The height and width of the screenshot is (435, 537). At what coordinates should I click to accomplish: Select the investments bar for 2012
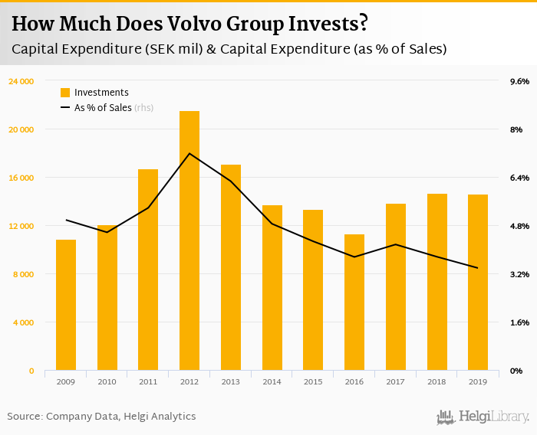(x=189, y=240)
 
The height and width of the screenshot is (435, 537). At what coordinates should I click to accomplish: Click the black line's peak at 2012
(x=189, y=153)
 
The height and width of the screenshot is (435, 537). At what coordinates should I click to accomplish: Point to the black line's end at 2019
(x=478, y=268)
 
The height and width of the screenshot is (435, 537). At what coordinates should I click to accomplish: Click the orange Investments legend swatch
(x=65, y=93)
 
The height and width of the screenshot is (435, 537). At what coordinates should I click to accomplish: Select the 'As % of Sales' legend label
(x=103, y=108)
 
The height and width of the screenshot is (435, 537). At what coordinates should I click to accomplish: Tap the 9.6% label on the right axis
(x=519, y=81)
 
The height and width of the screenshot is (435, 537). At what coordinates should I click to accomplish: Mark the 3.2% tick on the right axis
(x=519, y=274)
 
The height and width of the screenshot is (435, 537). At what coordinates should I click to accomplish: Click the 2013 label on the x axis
(x=231, y=381)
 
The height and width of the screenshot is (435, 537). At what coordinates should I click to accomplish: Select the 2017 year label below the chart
(x=396, y=381)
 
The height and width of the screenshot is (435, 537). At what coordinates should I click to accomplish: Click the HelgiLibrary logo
(x=483, y=417)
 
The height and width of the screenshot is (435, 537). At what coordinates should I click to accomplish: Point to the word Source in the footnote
(x=24, y=417)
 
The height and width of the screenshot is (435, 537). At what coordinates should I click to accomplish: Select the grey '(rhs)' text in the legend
(x=144, y=108)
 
